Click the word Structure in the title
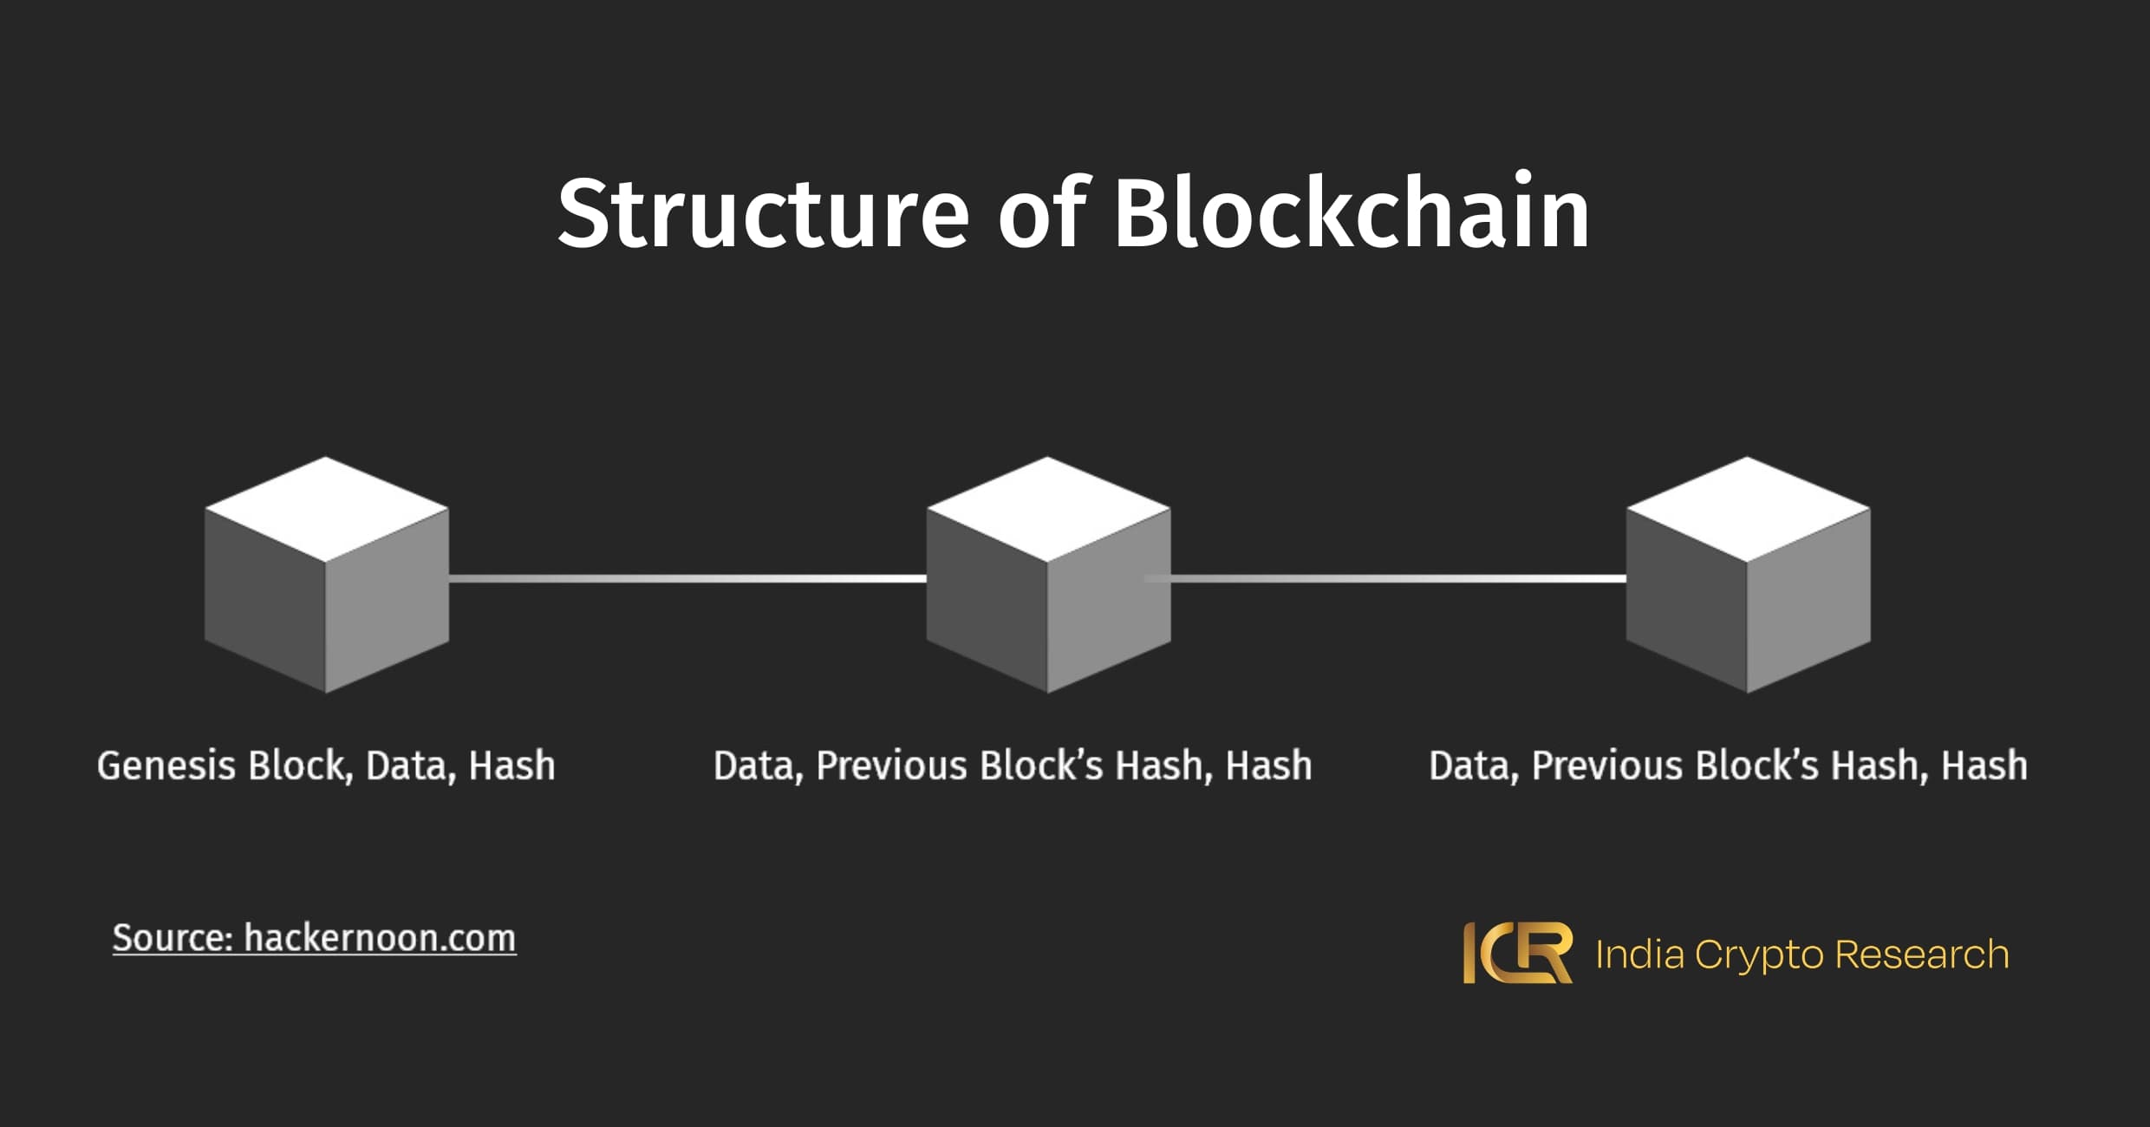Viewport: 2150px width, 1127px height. tap(763, 213)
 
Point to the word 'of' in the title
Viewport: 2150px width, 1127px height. tap(1041, 213)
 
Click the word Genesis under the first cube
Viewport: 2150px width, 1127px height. tap(166, 766)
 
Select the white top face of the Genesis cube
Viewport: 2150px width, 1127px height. tap(326, 509)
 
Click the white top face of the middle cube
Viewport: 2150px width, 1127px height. tap(1048, 509)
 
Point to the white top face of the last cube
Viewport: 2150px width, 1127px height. tap(1748, 509)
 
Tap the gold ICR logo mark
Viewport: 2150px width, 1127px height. tap(1517, 953)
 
